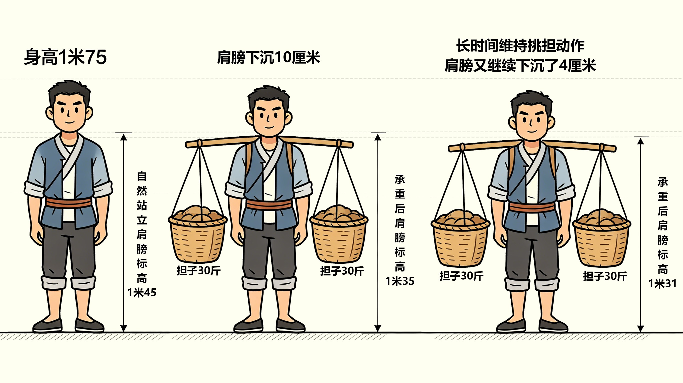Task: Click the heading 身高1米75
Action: tap(65, 57)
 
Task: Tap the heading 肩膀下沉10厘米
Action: tap(268, 57)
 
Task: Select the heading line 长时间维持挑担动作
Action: tap(520, 46)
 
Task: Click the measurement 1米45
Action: tap(142, 292)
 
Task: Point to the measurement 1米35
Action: tap(400, 281)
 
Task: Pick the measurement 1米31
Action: tap(662, 284)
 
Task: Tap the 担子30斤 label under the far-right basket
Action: tap(605, 276)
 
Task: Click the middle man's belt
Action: tap(269, 205)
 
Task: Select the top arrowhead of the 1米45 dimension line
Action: tap(123, 137)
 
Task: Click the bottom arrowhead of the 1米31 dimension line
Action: tap(640, 328)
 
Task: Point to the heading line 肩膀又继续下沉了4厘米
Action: tap(520, 65)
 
